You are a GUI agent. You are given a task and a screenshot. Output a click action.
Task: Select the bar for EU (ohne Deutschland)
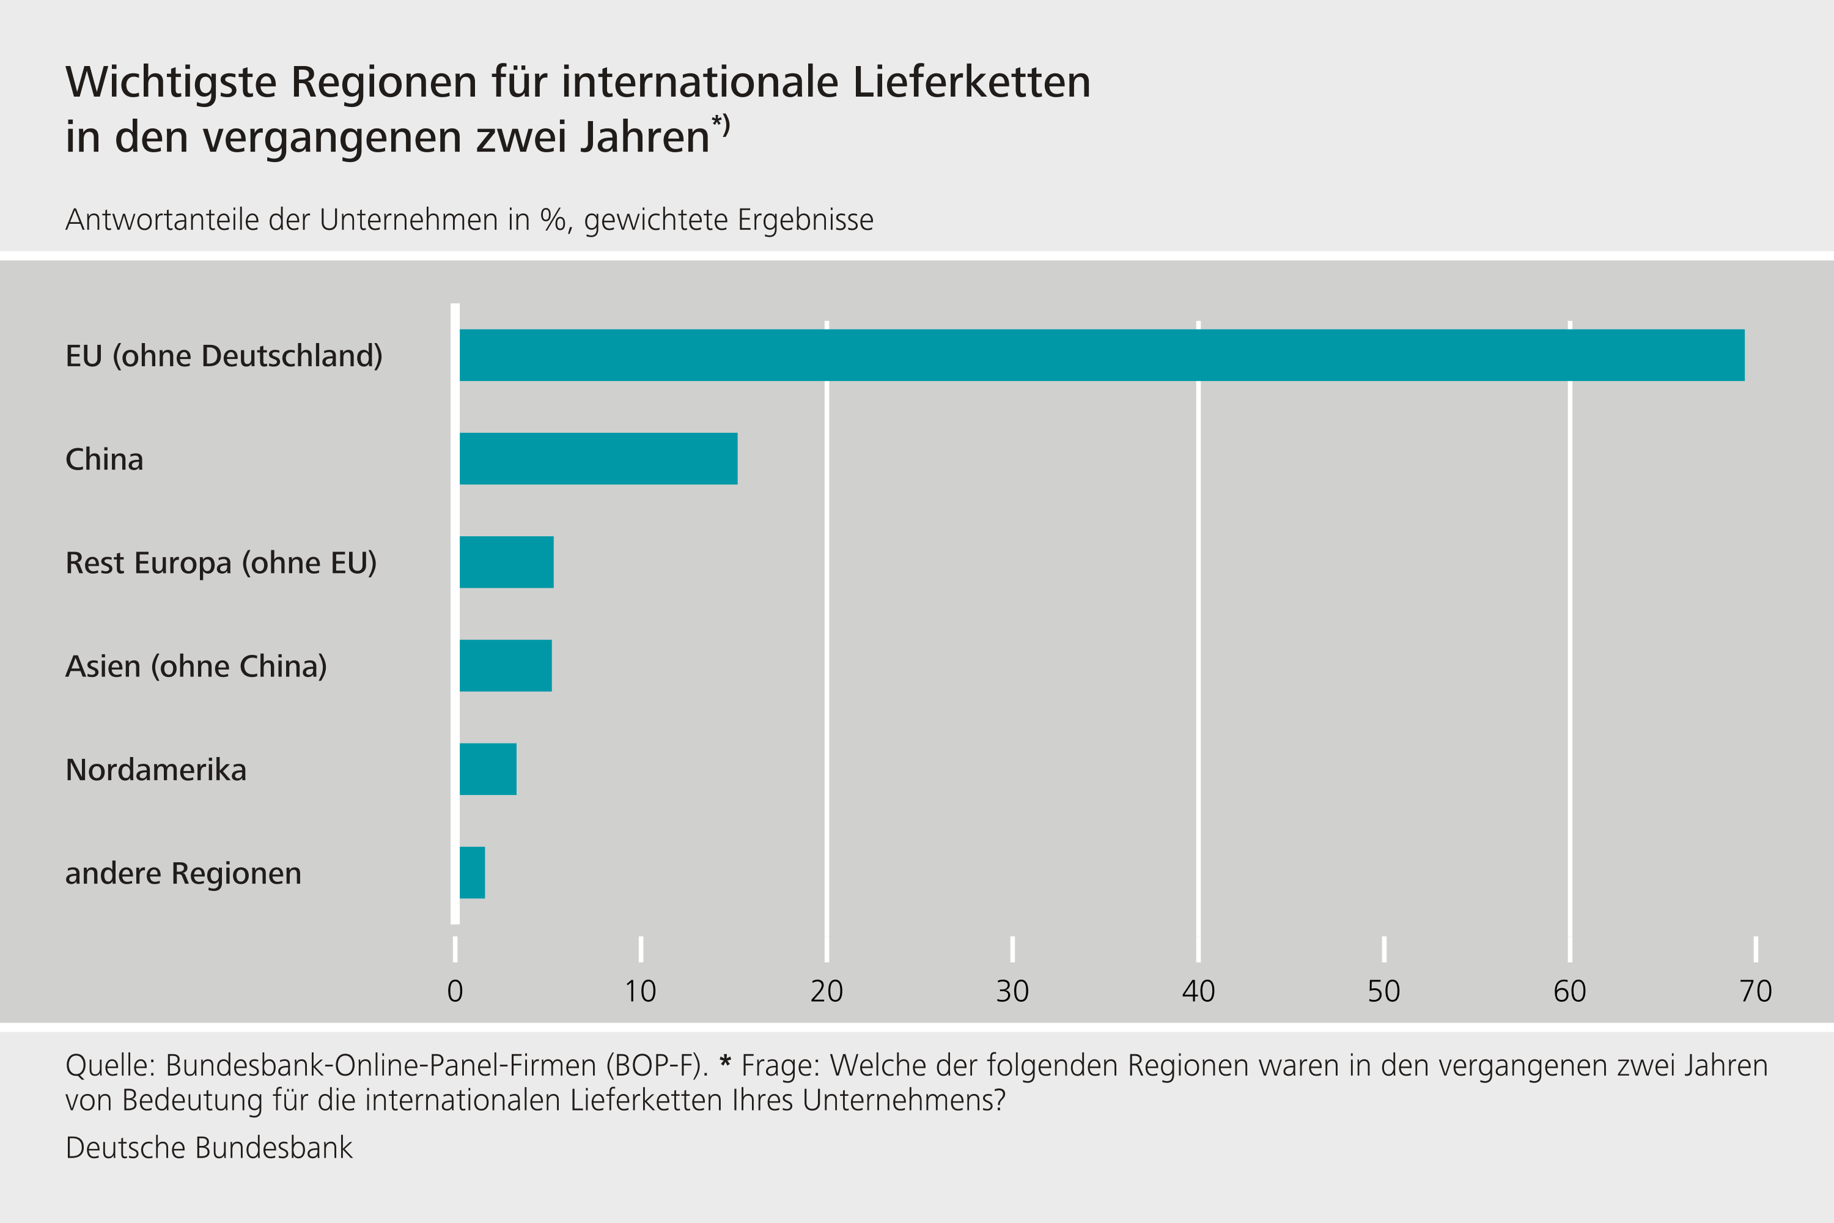pos(1101,355)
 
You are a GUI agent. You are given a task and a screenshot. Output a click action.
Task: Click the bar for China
pos(598,459)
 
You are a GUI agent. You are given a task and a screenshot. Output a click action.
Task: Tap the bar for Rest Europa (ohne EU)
pos(506,563)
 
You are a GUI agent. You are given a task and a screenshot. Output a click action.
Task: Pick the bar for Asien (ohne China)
pos(506,665)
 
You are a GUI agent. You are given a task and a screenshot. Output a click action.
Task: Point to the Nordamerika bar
pos(487,769)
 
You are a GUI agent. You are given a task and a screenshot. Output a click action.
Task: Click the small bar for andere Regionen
pos(472,873)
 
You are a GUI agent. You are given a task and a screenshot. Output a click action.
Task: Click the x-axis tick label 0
pos(455,991)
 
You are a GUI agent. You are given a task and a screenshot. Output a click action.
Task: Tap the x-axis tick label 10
pos(640,991)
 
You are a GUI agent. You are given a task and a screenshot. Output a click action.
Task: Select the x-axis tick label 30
pos(1012,991)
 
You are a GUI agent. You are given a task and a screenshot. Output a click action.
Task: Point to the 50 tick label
pos(1384,991)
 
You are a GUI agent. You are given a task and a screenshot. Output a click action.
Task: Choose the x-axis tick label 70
pos(1756,991)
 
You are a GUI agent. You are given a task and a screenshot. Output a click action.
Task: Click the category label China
pos(105,459)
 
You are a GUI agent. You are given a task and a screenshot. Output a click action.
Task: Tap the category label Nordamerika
pos(156,770)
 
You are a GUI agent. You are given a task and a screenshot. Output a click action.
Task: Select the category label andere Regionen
pos(183,874)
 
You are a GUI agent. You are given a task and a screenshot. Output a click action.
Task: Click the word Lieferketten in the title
pos(971,82)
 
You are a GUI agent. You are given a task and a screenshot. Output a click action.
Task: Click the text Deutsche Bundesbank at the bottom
pos(209,1148)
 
